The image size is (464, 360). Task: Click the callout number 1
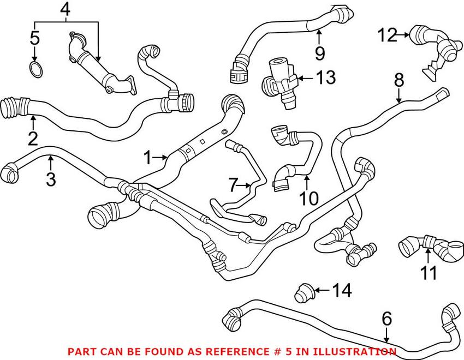pos(147,158)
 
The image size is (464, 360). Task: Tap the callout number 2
pos(33,138)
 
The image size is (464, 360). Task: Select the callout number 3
pos(51,178)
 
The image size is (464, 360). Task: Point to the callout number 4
pos(66,9)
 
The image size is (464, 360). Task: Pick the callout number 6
pos(386,317)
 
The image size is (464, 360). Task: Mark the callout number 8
pos(399,80)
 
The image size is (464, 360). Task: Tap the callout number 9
pos(320,53)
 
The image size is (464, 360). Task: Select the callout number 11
pos(429,272)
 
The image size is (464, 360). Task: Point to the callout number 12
pos(388,35)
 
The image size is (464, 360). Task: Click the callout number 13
pos(326,78)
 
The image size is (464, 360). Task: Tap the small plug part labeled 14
pos(303,292)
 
